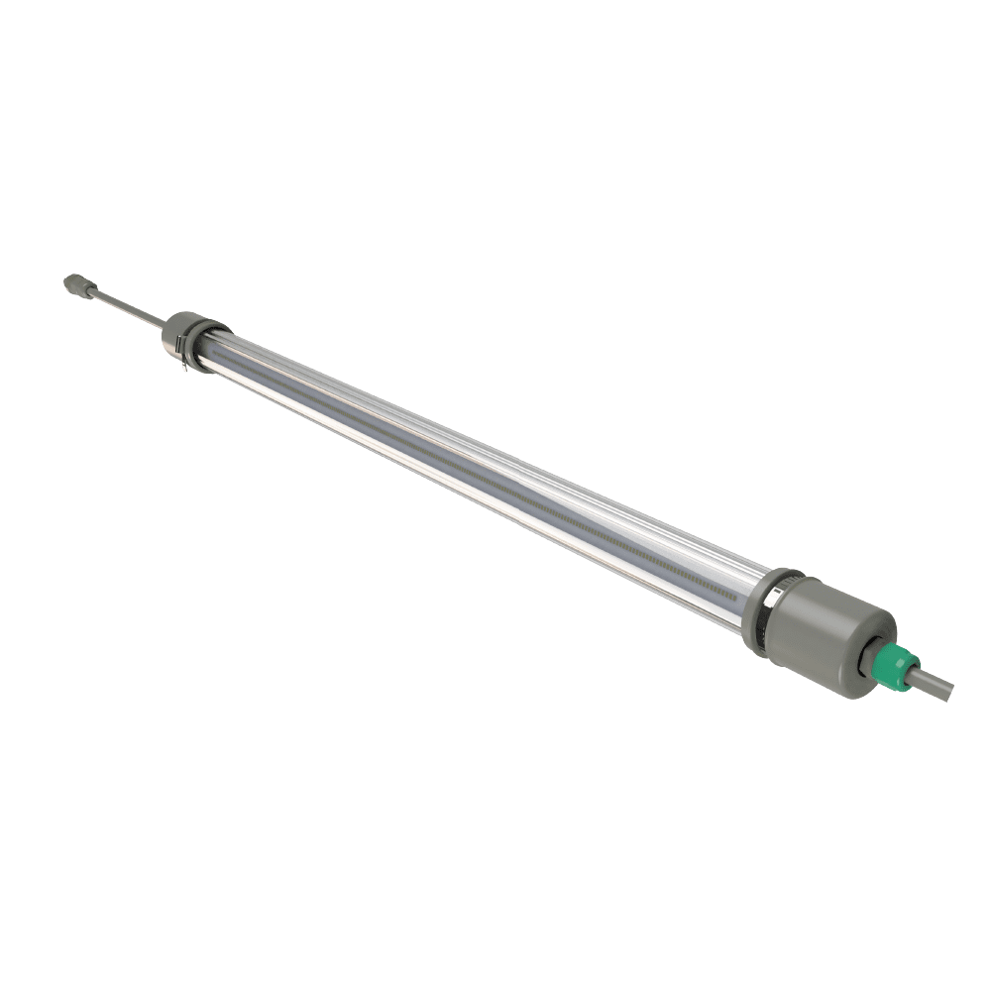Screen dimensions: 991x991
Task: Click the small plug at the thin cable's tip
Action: [73, 282]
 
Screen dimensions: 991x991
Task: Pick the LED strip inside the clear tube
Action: [476, 466]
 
